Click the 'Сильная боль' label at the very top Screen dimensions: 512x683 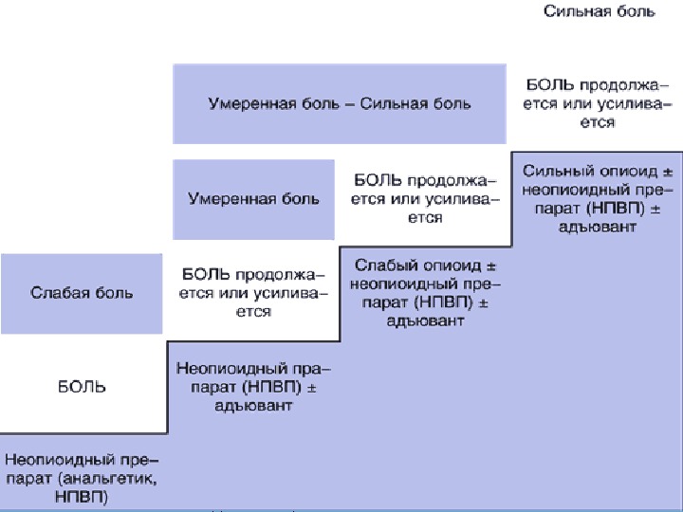[599, 12]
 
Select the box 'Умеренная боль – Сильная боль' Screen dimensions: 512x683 [339, 103]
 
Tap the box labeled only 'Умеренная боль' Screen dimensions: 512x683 [253, 199]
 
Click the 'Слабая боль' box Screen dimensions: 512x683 [82, 292]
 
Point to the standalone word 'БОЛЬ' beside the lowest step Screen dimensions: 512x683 [82, 387]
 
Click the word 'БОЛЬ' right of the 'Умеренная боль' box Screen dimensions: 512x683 [375, 180]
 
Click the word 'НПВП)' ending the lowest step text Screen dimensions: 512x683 [82, 496]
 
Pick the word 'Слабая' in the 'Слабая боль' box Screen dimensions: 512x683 [57, 292]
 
